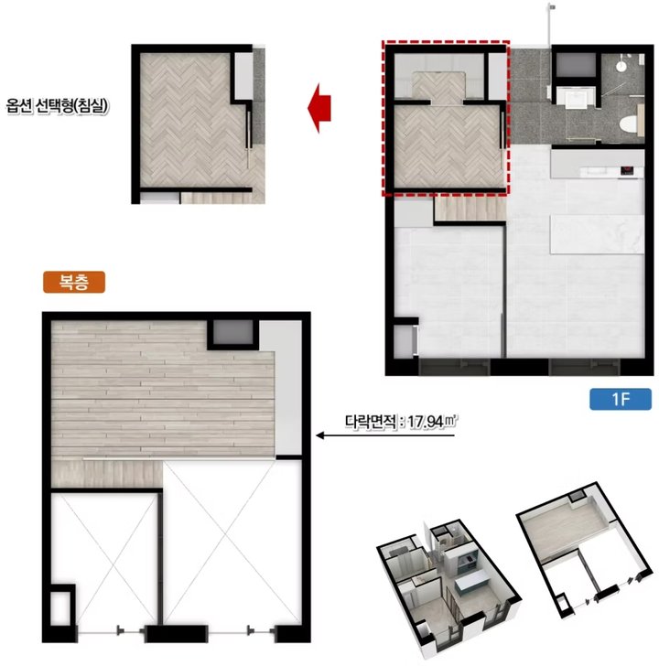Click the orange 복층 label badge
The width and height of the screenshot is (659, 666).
pyautogui.click(x=74, y=282)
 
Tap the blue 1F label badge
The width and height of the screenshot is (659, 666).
pyautogui.click(x=621, y=399)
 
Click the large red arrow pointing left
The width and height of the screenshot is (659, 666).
pyautogui.click(x=319, y=108)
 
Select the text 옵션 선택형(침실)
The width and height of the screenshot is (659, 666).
pyautogui.click(x=57, y=106)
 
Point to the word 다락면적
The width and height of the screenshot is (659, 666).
pyautogui.click(x=371, y=423)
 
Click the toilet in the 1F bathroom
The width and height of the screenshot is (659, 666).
pyautogui.click(x=629, y=124)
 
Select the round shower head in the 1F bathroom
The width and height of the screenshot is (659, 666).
pyautogui.click(x=621, y=66)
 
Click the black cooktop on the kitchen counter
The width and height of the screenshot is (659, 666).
pyautogui.click(x=627, y=171)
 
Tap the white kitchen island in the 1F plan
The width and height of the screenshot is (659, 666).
pyautogui.click(x=597, y=234)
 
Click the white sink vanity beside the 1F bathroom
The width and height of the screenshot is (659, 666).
pyautogui.click(x=575, y=97)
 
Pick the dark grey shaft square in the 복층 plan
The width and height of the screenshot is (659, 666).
pyautogui.click(x=232, y=333)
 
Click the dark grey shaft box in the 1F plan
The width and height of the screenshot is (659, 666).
pyautogui.click(x=576, y=65)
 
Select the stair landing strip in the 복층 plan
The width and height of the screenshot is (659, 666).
pyautogui.click(x=107, y=474)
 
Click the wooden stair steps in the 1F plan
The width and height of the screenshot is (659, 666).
pyautogui.click(x=470, y=209)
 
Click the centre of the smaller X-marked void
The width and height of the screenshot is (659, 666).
pyautogui.click(x=104, y=559)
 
